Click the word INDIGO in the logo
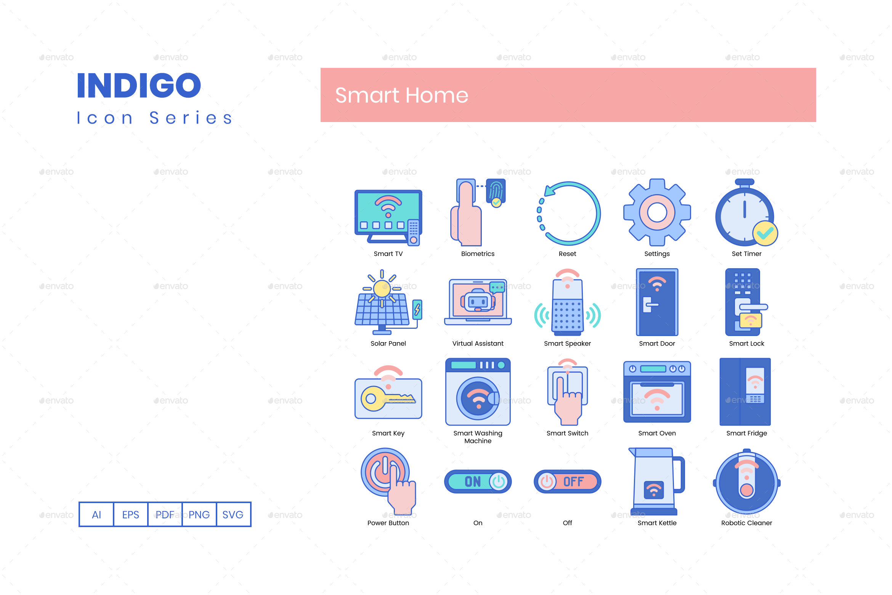[x=139, y=85]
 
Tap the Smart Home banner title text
[x=401, y=95]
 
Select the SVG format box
[x=233, y=515]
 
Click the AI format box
[x=96, y=515]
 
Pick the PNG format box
[x=199, y=515]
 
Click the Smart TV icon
[x=388, y=217]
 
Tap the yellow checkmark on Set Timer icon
[x=765, y=233]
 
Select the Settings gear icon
[x=657, y=212]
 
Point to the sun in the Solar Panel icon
[x=382, y=288]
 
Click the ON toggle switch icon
[x=478, y=481]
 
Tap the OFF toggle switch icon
[x=567, y=481]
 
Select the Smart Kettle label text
[x=657, y=523]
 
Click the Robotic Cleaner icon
[x=746, y=482]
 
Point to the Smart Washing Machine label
[x=478, y=437]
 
